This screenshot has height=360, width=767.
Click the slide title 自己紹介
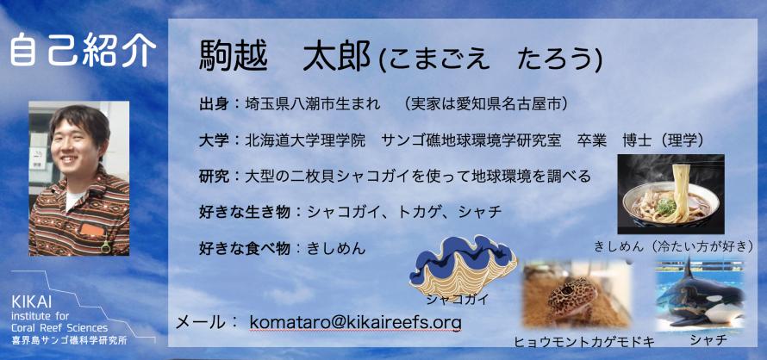click(83, 50)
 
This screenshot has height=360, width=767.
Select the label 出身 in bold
click(215, 105)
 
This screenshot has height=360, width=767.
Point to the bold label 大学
click(215, 141)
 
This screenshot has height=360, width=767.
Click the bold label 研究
click(215, 176)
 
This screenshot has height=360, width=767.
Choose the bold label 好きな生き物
click(245, 212)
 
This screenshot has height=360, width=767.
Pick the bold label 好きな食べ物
click(245, 248)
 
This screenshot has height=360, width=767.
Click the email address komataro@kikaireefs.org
click(355, 323)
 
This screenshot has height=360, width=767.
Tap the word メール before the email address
click(202, 322)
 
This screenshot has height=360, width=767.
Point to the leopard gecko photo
click(577, 295)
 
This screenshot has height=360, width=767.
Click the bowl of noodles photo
click(670, 194)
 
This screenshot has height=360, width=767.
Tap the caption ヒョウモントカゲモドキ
click(584, 342)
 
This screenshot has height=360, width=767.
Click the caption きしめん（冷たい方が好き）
click(672, 246)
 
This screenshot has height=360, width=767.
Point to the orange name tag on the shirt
click(92, 230)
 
